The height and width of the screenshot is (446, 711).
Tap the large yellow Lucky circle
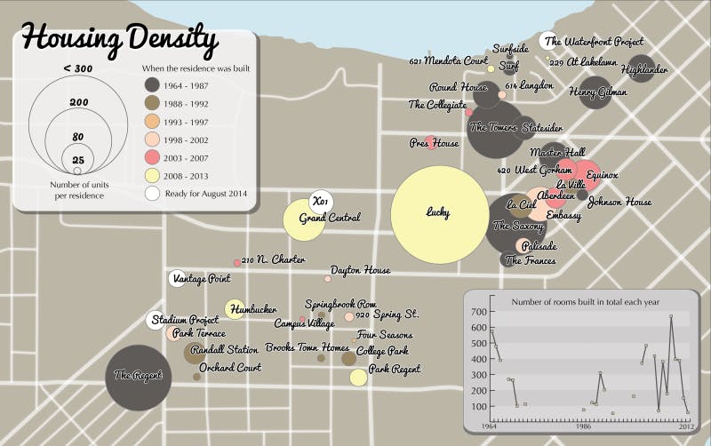(437, 213)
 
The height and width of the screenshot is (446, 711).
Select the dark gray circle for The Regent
(138, 377)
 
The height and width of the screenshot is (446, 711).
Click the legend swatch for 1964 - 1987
(153, 85)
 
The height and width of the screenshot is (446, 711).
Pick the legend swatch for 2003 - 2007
(153, 156)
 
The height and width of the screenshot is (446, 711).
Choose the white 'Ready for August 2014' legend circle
(153, 193)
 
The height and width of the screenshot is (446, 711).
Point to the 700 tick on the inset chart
(477, 312)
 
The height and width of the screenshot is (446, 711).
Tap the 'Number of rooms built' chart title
(585, 302)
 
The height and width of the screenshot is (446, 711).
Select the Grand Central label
(330, 218)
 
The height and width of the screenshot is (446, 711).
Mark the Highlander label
(644, 68)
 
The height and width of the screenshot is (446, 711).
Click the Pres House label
(434, 143)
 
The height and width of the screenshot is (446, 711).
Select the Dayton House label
(360, 270)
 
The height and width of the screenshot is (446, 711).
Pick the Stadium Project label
(185, 320)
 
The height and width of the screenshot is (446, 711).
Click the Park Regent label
(394, 369)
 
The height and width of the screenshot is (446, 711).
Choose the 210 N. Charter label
(273, 260)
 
